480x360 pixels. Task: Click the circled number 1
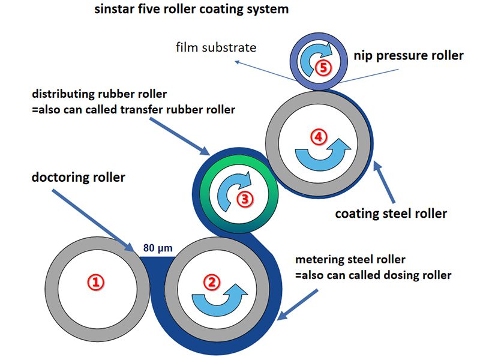[97, 281]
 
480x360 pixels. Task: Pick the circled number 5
[323, 67]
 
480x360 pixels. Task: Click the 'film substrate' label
[217, 47]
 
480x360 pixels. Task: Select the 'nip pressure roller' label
[408, 55]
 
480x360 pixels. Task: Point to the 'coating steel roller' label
[391, 213]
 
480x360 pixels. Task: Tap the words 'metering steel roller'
[350, 260]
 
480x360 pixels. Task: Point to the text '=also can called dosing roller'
[373, 275]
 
